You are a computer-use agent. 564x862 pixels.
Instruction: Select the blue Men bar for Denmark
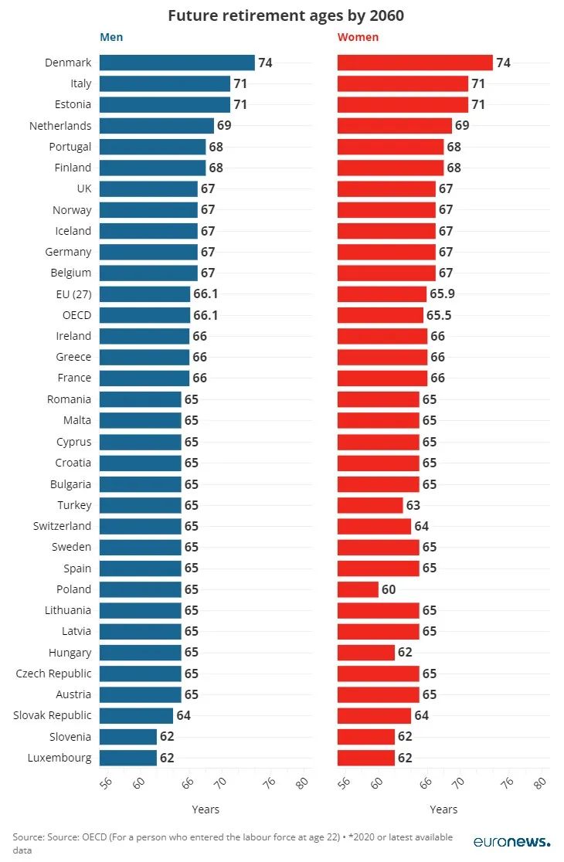pos(177,63)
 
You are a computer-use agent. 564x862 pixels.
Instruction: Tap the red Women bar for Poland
pos(358,589)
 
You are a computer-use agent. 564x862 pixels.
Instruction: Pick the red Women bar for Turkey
pos(370,505)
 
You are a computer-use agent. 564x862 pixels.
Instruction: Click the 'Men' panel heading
pos(111,37)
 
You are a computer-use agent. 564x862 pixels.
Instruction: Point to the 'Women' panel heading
pos(358,37)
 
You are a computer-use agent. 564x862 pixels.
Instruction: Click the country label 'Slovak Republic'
pos(52,715)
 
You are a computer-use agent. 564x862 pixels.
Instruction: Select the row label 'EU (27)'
pos(73,294)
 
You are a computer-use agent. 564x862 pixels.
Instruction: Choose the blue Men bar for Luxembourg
pos(128,758)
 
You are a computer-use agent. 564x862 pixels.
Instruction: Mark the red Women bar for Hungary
pos(366,653)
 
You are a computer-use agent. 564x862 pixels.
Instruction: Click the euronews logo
pos(512,842)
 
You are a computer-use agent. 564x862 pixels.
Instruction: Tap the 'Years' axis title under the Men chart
pos(206,809)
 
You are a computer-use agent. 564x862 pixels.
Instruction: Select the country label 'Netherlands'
pos(60,126)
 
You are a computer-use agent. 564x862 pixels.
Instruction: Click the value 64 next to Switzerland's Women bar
pos(421,526)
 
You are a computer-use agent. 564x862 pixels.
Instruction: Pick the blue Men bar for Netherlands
pos(156,126)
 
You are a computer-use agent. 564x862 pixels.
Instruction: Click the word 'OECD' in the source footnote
pos(109,837)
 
